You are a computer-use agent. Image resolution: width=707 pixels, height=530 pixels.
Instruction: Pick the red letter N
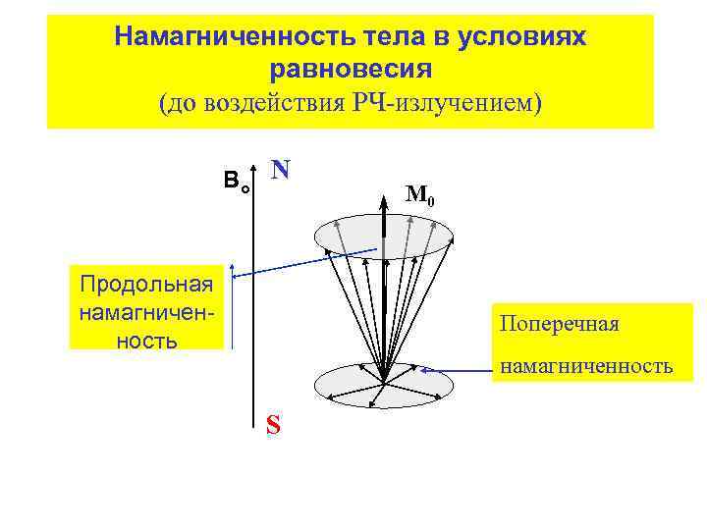point(281,170)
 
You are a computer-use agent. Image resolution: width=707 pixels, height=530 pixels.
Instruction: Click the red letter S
point(273,424)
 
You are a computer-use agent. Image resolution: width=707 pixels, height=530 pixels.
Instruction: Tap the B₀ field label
point(236,181)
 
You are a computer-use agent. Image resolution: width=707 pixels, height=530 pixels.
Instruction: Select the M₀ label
point(419,195)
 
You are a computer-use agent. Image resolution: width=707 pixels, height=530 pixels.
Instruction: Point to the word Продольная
point(147,285)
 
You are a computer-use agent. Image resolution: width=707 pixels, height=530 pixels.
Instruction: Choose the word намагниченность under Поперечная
point(585,367)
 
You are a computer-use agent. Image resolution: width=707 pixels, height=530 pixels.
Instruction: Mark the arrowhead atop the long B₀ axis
point(252,165)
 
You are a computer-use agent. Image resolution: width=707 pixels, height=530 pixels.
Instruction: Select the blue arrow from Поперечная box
point(457,371)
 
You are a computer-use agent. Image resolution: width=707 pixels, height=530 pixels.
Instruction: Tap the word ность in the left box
point(147,340)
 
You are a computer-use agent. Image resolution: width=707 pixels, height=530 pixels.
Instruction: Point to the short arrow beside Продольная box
point(232,304)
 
